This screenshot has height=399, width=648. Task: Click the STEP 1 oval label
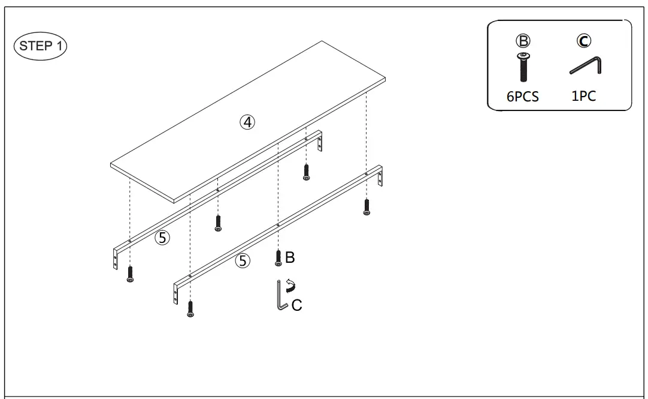(x=41, y=46)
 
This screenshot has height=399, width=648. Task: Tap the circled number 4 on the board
(x=247, y=122)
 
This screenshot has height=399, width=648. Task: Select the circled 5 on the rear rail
(x=162, y=238)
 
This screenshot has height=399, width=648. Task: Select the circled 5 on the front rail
(x=243, y=261)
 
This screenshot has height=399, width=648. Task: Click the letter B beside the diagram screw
(x=290, y=257)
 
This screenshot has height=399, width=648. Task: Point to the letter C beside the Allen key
(x=296, y=305)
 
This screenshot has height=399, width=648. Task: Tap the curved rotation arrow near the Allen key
(x=291, y=285)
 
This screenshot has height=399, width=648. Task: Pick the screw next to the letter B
(x=278, y=257)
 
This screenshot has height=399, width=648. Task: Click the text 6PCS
(x=523, y=97)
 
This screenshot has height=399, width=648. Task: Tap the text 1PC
(x=583, y=96)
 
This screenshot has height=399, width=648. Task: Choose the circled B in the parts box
(x=523, y=41)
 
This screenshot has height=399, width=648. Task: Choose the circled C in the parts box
(x=583, y=41)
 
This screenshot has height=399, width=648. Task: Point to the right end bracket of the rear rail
(x=320, y=142)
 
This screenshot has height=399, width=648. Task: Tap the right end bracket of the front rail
(x=380, y=177)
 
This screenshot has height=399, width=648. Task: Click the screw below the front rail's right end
(x=367, y=207)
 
